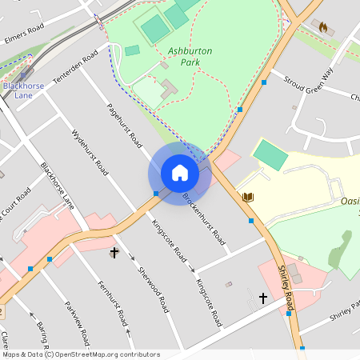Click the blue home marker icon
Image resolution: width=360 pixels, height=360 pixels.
[x=180, y=173]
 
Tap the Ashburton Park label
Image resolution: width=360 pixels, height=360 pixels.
[x=190, y=56]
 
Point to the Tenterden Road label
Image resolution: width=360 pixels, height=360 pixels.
[x=74, y=70]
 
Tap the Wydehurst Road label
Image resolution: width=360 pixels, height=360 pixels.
[x=90, y=151]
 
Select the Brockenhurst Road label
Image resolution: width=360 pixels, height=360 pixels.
[x=203, y=218]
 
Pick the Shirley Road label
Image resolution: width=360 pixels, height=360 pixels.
[x=286, y=289]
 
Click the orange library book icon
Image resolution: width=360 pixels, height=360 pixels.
[x=248, y=197]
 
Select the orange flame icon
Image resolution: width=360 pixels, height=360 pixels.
[x=323, y=28]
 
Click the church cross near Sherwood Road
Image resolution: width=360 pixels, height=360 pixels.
[x=114, y=254]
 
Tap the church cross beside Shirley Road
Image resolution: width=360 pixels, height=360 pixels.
[x=263, y=298]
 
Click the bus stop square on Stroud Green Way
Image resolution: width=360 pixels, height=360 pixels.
[x=263, y=82]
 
